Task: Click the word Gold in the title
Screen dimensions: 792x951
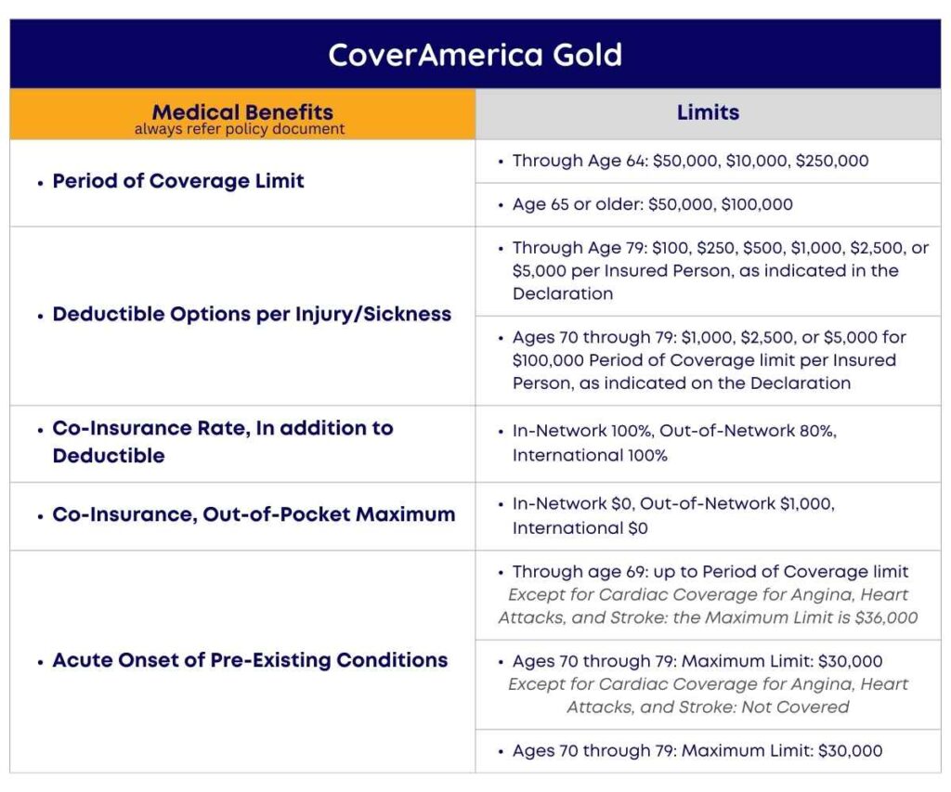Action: point(583,55)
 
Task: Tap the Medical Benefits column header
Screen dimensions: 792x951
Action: point(242,112)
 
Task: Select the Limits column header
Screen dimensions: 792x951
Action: point(708,113)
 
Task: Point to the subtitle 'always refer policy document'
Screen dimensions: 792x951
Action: point(240,130)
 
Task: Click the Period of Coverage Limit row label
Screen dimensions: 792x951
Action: point(178,181)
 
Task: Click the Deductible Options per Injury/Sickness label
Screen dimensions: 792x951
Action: point(252,314)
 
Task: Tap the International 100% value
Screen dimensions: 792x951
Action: point(590,455)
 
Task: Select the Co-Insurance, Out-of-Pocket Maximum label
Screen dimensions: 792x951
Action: point(254,514)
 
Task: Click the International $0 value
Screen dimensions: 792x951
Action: point(580,528)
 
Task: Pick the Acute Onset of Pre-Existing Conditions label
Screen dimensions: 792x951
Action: point(250,660)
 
